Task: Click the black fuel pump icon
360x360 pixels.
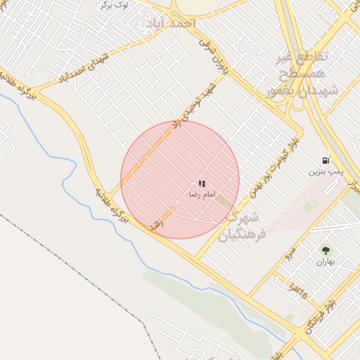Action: coord(326,160)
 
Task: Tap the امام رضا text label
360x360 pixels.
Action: coord(202,193)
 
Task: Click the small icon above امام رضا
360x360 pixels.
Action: coord(202,184)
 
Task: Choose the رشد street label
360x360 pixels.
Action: coord(157,223)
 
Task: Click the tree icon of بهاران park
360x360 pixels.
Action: coord(326,250)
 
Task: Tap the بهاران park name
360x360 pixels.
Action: coord(326,262)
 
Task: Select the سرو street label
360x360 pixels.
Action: coord(288,253)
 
